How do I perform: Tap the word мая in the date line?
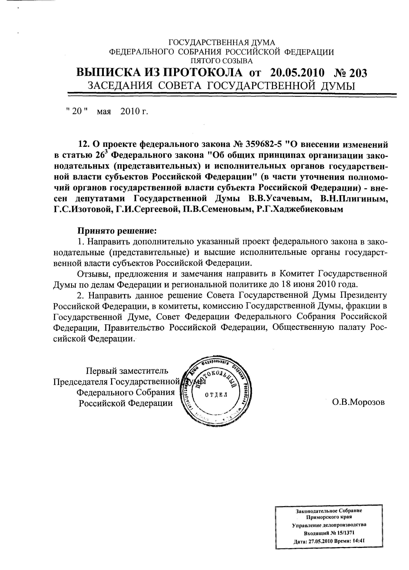(104, 111)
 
